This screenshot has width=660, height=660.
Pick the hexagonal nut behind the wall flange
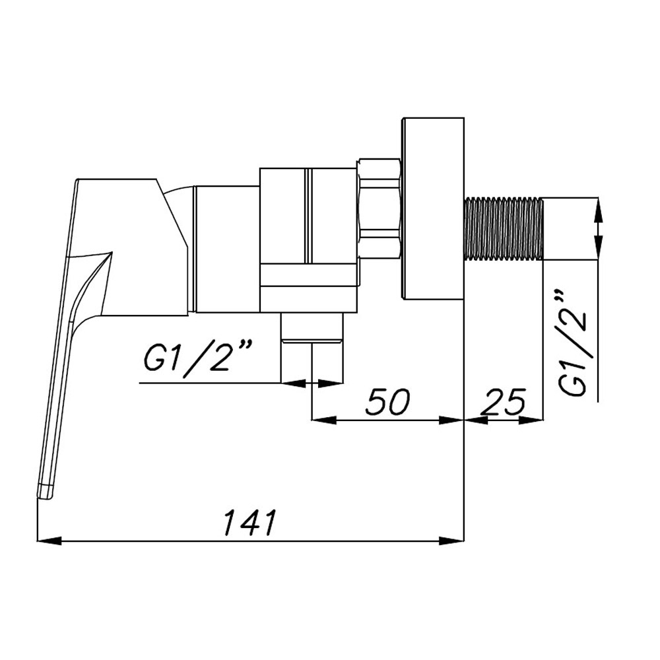click(x=379, y=207)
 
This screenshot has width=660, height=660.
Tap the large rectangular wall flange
click(x=433, y=209)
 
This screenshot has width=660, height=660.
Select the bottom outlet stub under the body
click(x=312, y=328)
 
